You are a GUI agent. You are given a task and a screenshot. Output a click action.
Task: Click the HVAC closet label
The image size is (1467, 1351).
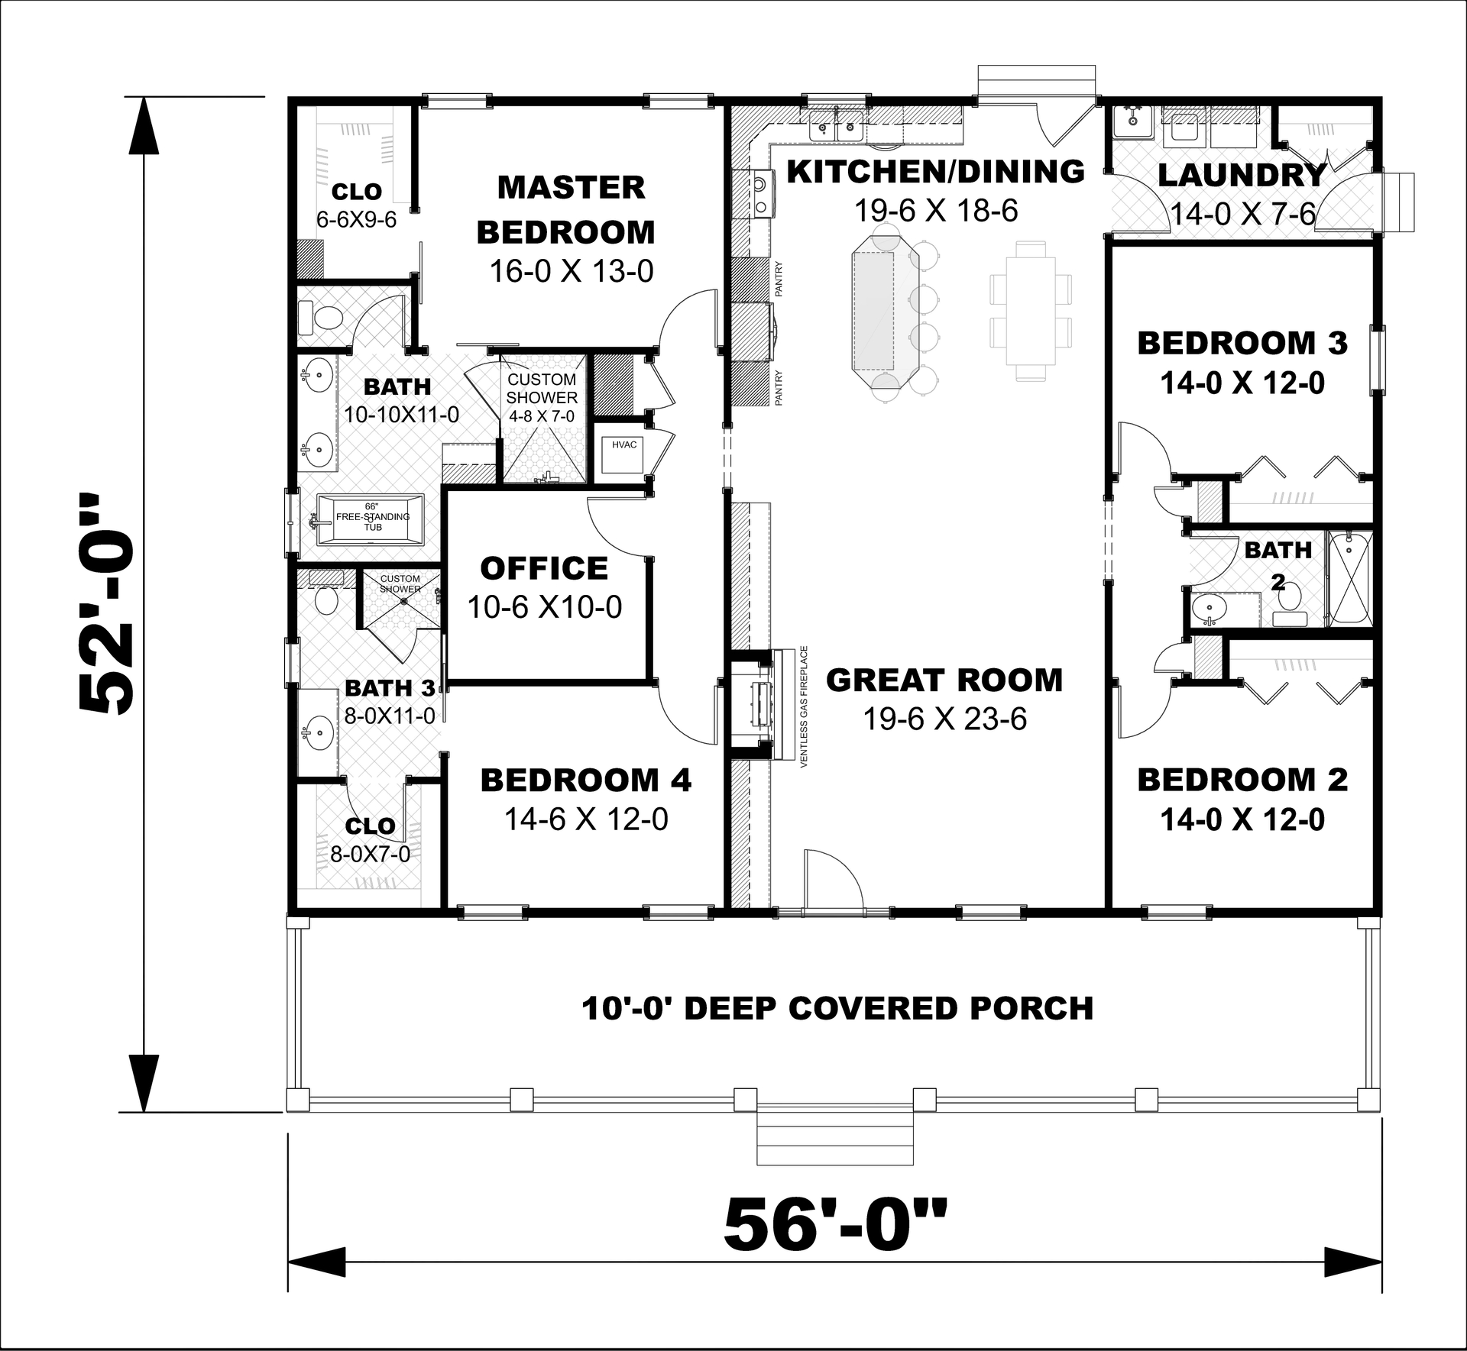point(624,444)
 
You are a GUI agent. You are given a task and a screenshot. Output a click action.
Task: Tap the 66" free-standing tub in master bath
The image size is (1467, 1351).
point(371,519)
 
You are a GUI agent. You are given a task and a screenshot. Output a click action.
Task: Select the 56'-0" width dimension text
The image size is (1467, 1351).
point(835,1227)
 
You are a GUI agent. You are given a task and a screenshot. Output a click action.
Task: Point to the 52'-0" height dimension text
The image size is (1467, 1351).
point(107,603)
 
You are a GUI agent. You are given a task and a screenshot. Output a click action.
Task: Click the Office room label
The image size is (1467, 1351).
point(544,568)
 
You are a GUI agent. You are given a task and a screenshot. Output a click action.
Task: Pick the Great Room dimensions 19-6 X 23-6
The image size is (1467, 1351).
point(944,719)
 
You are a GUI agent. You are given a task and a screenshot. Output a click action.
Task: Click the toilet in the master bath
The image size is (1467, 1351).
point(321,318)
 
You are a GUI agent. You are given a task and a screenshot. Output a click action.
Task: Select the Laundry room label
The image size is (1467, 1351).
point(1242,176)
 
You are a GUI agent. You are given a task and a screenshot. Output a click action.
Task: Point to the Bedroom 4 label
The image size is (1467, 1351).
point(585,780)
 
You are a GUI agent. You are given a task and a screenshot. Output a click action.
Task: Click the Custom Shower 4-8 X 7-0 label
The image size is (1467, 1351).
point(542,397)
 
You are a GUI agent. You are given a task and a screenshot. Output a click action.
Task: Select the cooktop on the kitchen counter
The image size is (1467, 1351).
point(759,194)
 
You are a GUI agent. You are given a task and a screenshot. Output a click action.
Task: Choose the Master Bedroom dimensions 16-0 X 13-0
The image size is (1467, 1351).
point(571,271)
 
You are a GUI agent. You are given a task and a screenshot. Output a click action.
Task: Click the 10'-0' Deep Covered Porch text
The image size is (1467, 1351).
point(837,1008)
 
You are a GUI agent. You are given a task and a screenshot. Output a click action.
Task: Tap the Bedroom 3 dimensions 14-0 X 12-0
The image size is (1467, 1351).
point(1242,383)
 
